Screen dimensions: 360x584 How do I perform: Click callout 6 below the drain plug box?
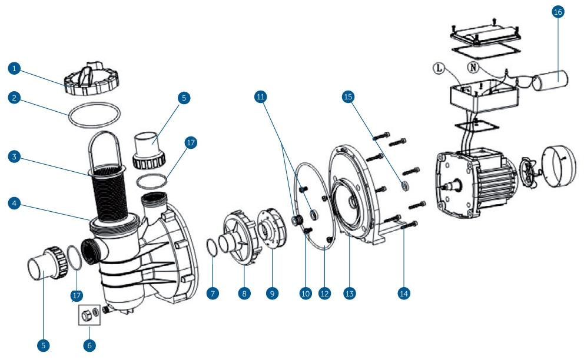pos(90,345)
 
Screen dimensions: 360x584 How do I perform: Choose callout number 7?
pos(213,292)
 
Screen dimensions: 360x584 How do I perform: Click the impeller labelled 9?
pos(272,229)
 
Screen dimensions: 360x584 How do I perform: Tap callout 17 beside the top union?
pos(191,142)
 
